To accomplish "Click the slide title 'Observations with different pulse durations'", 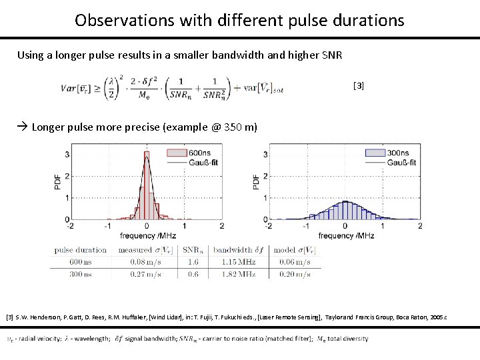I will tap(239, 20).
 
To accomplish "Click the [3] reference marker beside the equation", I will tap(359, 85).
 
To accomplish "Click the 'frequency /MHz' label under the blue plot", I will tap(346, 236).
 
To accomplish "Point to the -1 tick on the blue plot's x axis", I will tap(307, 227).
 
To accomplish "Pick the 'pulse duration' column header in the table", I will tap(81, 250).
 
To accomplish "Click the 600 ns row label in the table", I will tap(81, 262).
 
